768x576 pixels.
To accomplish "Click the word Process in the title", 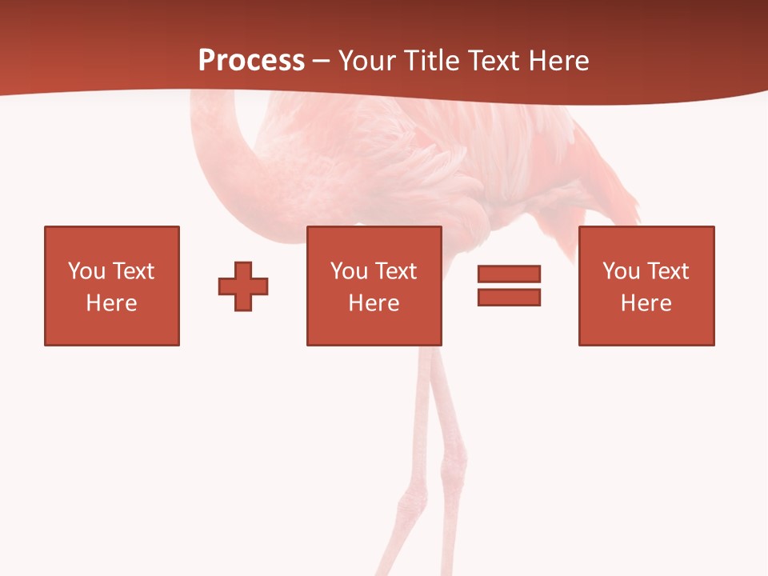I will (251, 61).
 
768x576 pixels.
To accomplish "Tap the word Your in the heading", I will (368, 61).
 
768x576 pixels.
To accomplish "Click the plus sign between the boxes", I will (243, 286).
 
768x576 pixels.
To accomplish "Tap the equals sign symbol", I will (509, 286).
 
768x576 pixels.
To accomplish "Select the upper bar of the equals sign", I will (509, 274).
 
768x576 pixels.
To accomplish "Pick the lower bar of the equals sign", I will (509, 297).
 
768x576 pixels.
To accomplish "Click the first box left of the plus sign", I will (112, 286).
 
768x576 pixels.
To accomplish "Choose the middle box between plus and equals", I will (374, 286).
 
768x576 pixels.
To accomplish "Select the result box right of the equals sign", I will (646, 286).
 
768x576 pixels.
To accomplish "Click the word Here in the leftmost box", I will (112, 303).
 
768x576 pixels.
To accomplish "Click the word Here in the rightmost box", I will (646, 303).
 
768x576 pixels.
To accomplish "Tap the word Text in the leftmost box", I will (133, 271).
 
